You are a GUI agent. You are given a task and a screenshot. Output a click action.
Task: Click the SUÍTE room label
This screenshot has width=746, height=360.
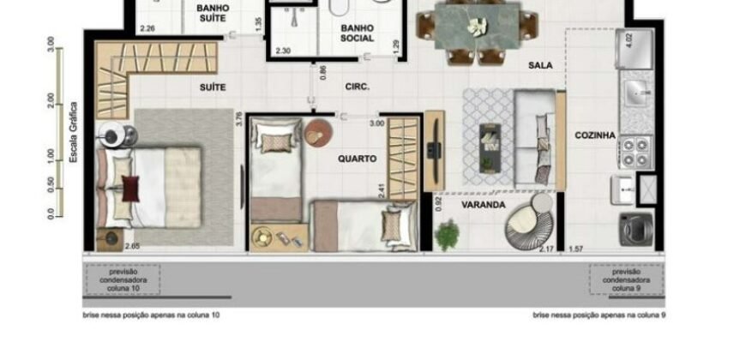(x=213, y=87)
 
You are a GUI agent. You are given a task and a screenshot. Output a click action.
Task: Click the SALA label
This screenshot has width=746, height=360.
(x=540, y=65)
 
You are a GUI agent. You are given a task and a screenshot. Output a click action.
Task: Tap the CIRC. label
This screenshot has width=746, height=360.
(x=357, y=87)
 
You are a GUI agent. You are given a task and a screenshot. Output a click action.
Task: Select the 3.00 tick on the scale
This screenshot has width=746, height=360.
(x=51, y=44)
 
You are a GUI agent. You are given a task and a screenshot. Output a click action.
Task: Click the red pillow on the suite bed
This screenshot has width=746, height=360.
(x=130, y=187)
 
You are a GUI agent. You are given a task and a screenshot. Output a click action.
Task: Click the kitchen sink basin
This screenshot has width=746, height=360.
(x=636, y=93)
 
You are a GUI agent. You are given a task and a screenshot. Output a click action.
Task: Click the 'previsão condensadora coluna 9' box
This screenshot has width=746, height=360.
(x=625, y=280)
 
